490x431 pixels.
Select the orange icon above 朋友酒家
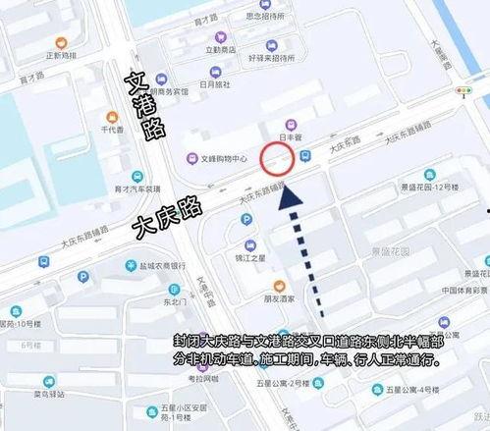point(279,283)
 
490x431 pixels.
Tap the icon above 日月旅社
point(215,72)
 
